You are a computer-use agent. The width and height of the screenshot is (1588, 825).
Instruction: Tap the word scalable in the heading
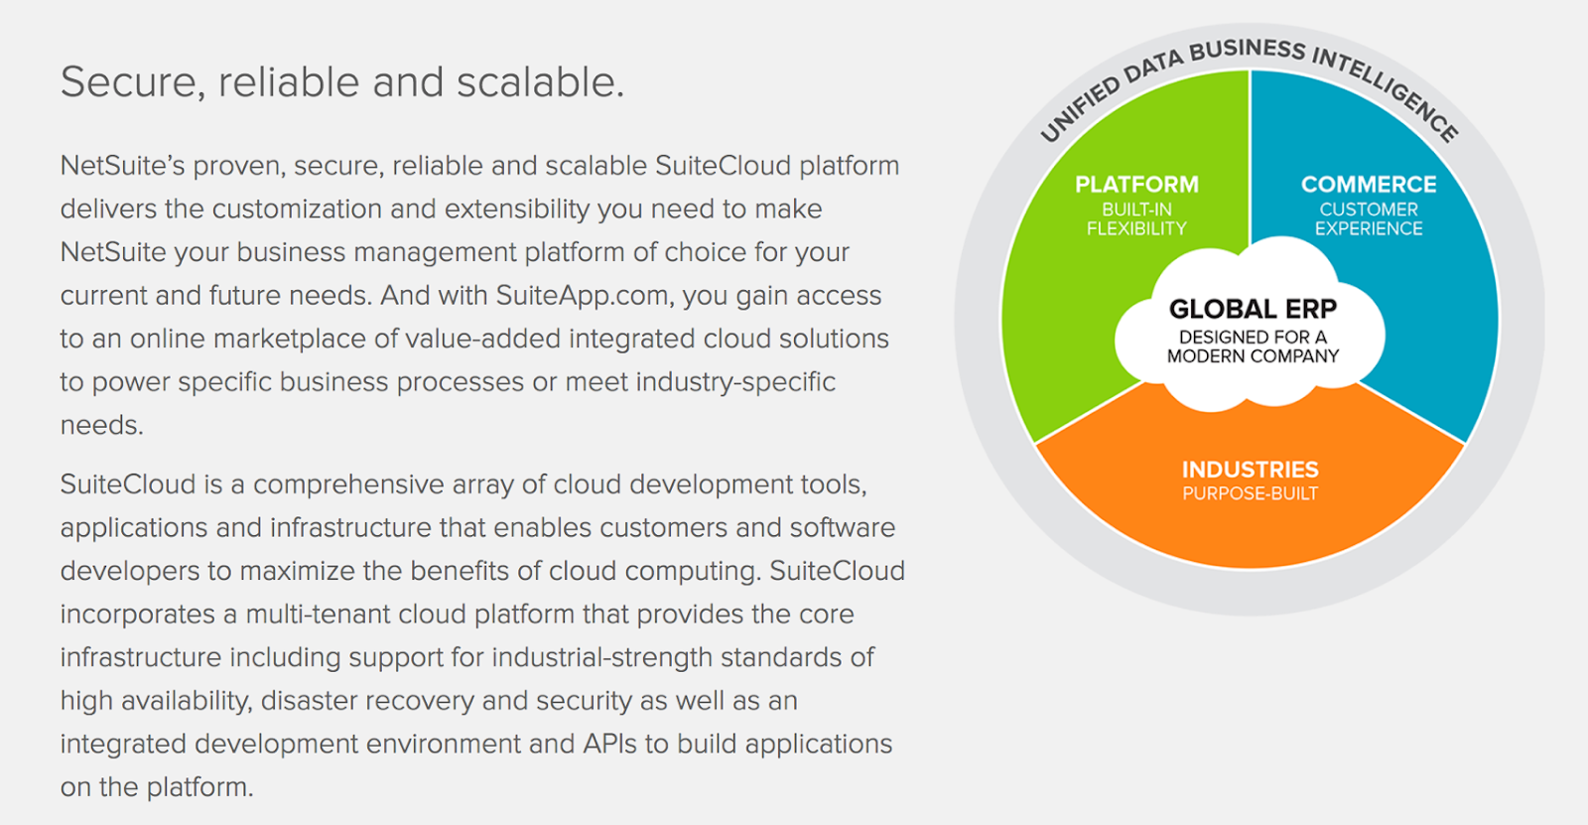coord(540,82)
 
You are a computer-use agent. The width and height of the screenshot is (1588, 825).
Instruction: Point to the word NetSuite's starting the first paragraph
coord(123,166)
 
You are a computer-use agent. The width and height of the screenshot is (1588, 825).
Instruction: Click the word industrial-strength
coord(601,657)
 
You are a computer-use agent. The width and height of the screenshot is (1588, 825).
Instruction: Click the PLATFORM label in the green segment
coord(1136,185)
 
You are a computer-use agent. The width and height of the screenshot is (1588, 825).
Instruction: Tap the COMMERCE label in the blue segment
coord(1369,185)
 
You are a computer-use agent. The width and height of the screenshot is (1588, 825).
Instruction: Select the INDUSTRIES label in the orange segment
coord(1250,470)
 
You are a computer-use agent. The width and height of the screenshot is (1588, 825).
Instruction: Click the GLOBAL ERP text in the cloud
coord(1253,310)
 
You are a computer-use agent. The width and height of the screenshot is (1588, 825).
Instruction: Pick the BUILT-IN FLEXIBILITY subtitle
coord(1136,219)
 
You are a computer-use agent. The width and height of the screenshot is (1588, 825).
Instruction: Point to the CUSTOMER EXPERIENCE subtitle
coord(1369,219)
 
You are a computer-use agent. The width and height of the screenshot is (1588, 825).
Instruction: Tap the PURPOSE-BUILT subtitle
coord(1250,493)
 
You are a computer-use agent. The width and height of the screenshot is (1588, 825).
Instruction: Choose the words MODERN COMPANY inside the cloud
coord(1253,356)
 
